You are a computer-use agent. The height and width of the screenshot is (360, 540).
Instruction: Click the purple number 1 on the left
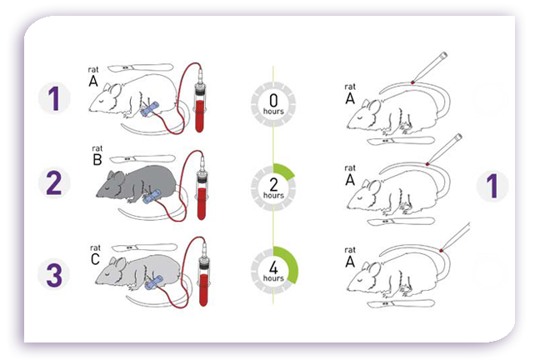[54, 97]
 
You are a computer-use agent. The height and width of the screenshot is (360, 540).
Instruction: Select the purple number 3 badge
[54, 274]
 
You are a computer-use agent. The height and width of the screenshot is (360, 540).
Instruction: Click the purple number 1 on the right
[492, 185]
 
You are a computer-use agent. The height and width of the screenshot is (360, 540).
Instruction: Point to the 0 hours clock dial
[271, 104]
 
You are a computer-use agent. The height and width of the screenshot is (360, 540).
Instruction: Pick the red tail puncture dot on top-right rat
[413, 82]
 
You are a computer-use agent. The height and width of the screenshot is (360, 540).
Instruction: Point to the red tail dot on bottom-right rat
[442, 247]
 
